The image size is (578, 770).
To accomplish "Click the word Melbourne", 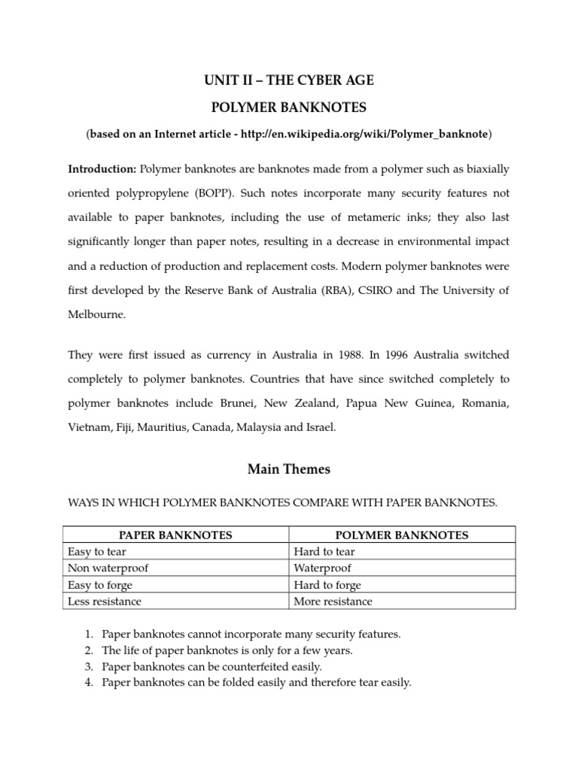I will click(96, 314).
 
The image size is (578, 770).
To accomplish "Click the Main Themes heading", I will click(289, 470).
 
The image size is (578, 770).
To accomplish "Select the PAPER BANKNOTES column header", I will click(176, 535).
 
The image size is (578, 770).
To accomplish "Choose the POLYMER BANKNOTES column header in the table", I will click(401, 535).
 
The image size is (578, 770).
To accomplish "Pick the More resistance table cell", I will click(333, 602).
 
